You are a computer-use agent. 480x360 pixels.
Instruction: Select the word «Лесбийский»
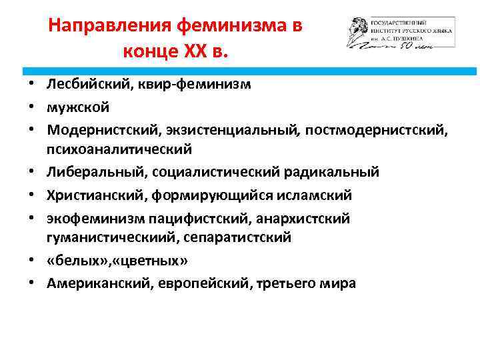(85, 85)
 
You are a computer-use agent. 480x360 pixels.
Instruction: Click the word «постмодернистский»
(376, 128)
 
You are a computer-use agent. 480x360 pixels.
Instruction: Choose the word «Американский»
(99, 283)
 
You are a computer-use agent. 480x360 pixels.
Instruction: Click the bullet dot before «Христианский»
(32, 195)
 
